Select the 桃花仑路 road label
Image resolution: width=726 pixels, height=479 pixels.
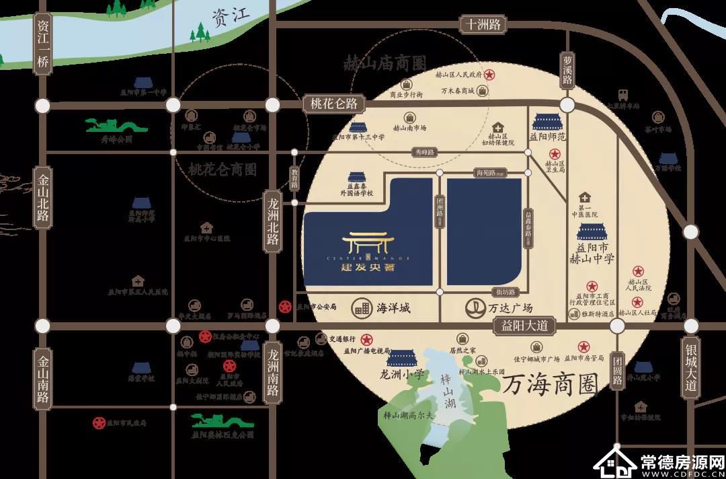click(333, 104)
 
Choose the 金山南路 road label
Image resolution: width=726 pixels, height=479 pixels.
click(44, 379)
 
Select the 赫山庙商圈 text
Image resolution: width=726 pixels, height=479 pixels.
click(385, 65)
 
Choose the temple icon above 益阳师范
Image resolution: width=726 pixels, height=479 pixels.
click(549, 122)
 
